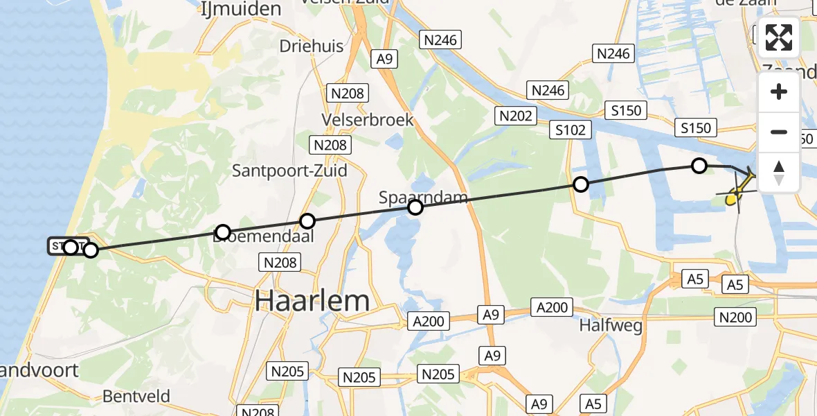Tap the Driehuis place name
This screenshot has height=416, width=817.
coord(312,46)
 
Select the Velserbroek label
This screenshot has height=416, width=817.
coord(368,120)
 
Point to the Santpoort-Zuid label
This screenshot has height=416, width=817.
coord(289,171)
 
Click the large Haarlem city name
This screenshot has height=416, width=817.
coord(312,301)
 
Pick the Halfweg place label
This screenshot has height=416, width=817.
coord(611,324)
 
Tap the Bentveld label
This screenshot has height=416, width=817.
coord(136,397)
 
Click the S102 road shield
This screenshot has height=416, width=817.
coord(571,130)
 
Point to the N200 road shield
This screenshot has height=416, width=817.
coord(735,318)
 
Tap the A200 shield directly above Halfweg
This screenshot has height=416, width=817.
coord(551,307)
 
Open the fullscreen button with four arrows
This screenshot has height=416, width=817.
coord(779,37)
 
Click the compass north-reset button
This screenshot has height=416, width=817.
coord(779,172)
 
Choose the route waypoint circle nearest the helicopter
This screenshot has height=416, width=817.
coord(699,166)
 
